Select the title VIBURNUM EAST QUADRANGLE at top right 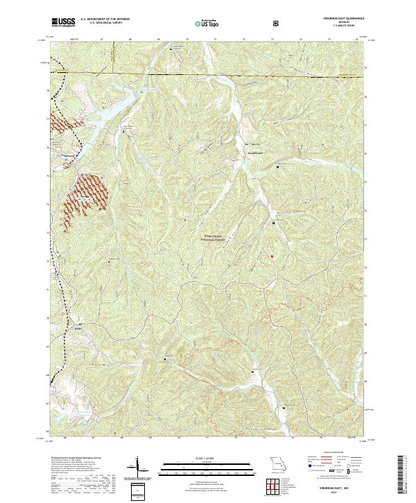pos(338,19)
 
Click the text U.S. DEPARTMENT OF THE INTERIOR pos(105,19)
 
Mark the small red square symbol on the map pos(272,257)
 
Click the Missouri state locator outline pos(276,463)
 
